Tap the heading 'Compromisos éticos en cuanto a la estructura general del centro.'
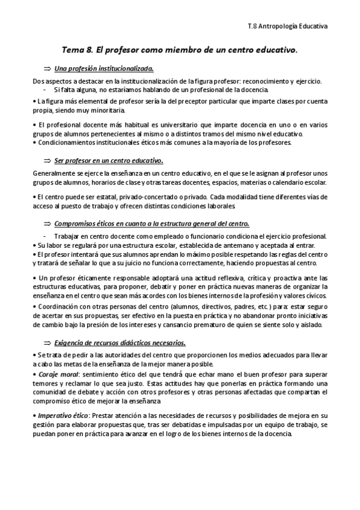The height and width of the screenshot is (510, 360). coord(151,224)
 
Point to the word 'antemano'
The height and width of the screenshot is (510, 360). coord(204,245)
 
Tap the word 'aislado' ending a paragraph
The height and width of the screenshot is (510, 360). coord(310,325)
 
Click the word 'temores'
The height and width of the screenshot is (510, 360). coord(45,384)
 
